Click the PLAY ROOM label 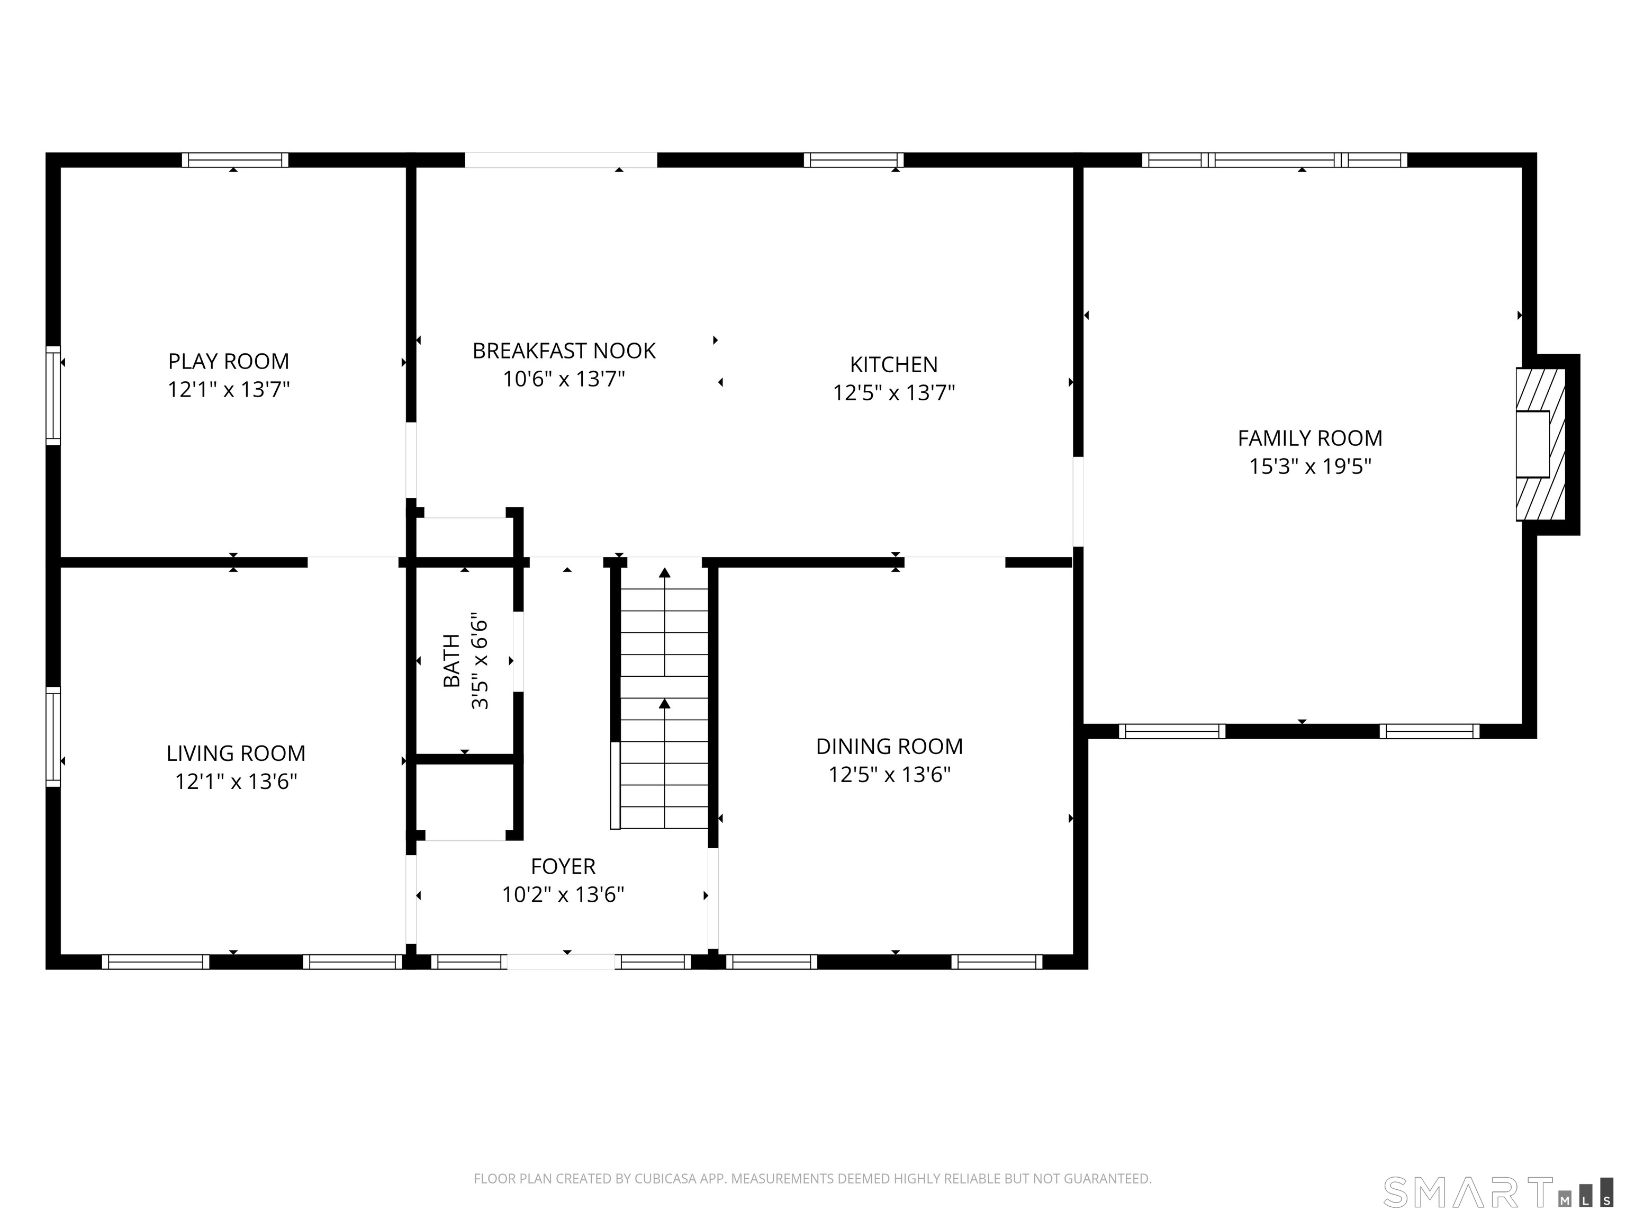[x=229, y=361]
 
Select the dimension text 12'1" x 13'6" [x=236, y=781]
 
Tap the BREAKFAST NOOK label [x=564, y=351]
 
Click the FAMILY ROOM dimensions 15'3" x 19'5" [x=1310, y=466]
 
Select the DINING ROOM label [x=889, y=747]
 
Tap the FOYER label [x=563, y=866]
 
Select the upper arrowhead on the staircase [x=664, y=573]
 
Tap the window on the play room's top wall [x=235, y=159]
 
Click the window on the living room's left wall [x=53, y=736]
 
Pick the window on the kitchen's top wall [x=853, y=159]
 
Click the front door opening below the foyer [x=561, y=961]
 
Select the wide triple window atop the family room [x=1274, y=159]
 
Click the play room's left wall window [x=53, y=395]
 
